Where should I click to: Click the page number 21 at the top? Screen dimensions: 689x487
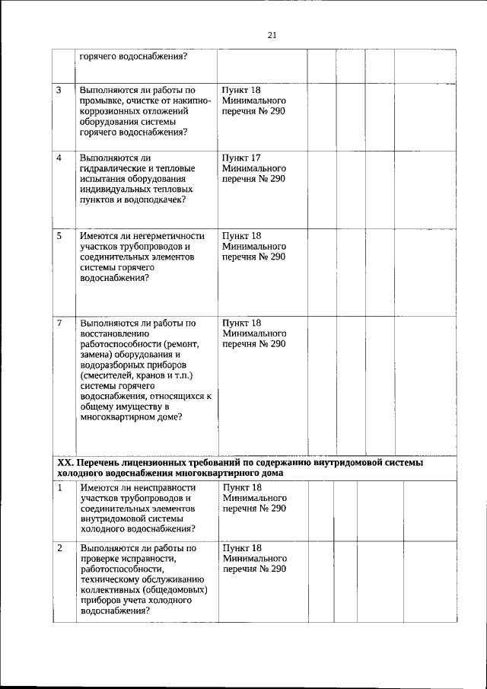click(272, 34)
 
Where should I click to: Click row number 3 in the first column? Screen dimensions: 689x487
click(59, 91)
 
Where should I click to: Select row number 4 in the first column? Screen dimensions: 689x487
click(59, 158)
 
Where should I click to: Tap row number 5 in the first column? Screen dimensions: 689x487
click(59, 236)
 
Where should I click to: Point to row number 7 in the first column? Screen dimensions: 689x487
click(59, 322)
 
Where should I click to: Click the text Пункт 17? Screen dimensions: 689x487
click(241, 158)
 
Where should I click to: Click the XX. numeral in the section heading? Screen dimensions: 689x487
click(66, 462)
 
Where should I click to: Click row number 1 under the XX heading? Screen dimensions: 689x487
click(59, 487)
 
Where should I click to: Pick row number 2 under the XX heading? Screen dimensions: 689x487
click(59, 547)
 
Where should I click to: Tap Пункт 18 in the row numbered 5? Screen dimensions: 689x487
click(241, 236)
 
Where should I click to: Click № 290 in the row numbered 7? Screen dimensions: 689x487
click(272, 343)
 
